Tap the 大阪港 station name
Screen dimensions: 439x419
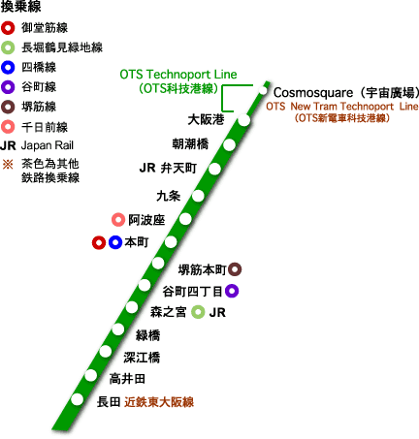pyautogui.click(x=206, y=120)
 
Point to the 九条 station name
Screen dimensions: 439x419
pyautogui.click(x=169, y=195)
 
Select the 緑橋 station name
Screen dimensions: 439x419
pyautogui.click(x=147, y=335)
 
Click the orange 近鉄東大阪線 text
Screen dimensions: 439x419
pyautogui.click(x=160, y=402)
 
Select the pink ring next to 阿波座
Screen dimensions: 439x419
pyautogui.click(x=118, y=220)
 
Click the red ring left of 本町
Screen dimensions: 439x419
pyautogui.click(x=98, y=242)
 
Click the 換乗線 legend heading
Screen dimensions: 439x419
pyautogui.click(x=22, y=8)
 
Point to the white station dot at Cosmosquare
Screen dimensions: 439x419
pyautogui.click(x=263, y=90)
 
